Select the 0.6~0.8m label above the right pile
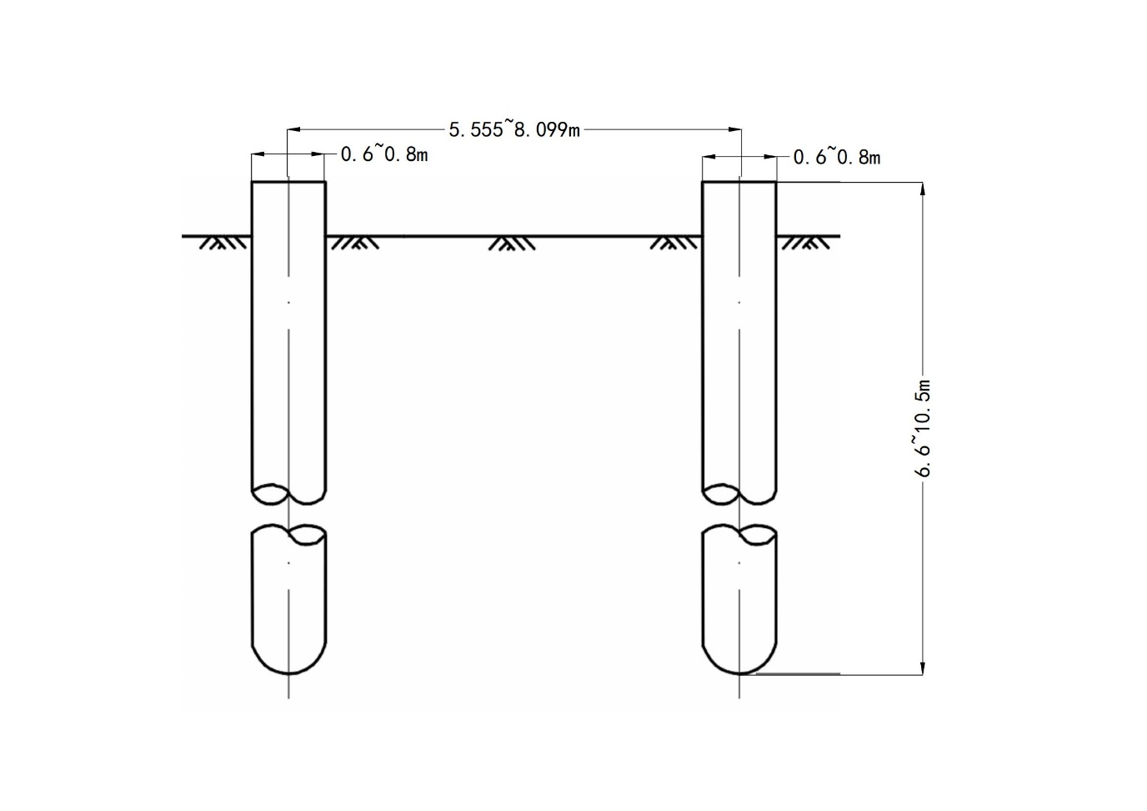click(837, 157)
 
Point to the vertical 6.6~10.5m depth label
click(923, 428)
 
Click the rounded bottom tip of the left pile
click(289, 673)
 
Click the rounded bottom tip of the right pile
click(739, 673)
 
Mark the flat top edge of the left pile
click(288, 182)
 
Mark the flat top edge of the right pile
click(739, 182)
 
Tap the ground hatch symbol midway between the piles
click(512, 244)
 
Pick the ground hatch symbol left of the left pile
click(223, 243)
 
